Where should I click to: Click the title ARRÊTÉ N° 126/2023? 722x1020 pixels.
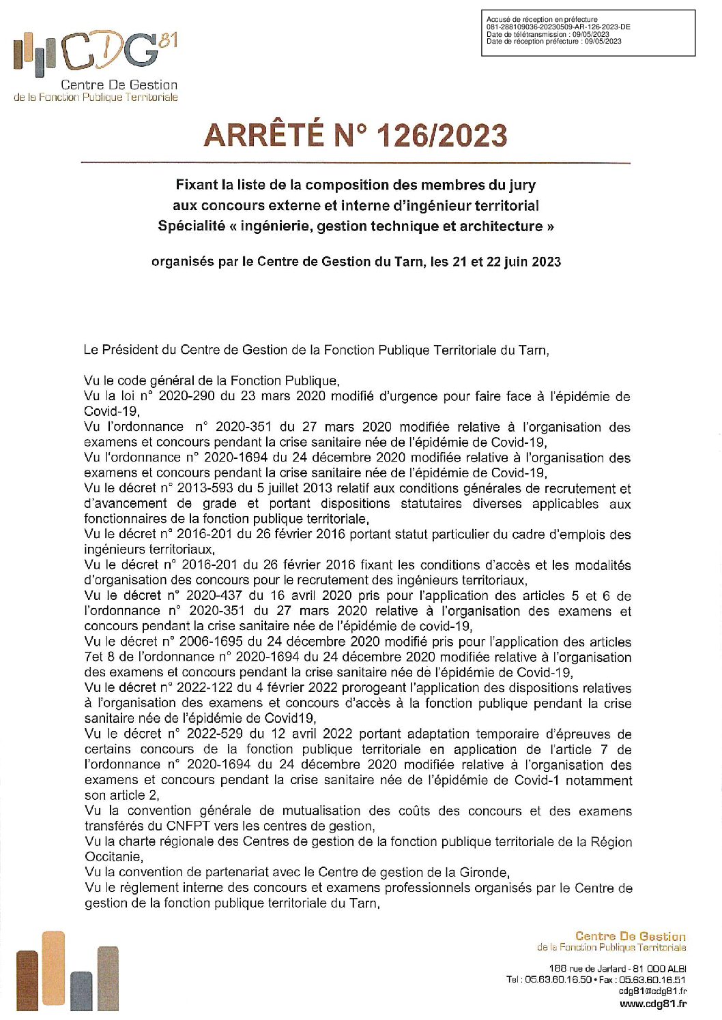tap(355, 135)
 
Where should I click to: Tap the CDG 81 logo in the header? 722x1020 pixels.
tap(96, 65)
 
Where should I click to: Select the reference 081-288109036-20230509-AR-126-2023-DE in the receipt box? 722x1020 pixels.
tap(558, 27)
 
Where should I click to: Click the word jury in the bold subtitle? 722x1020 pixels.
tap(522, 185)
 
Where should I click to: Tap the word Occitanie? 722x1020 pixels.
tap(113, 856)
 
